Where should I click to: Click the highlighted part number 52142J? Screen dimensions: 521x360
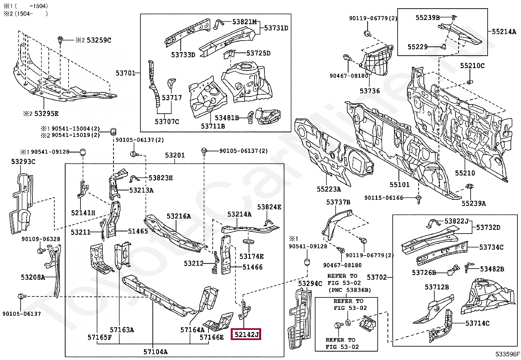point(246,334)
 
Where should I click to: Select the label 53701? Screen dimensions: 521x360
point(126,73)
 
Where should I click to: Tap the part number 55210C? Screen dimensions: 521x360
point(472,66)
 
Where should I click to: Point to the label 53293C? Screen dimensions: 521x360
point(23,161)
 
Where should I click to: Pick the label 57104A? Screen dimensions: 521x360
point(155,351)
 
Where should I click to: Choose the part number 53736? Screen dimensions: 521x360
point(369,91)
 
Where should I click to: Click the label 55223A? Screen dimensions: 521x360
point(329,189)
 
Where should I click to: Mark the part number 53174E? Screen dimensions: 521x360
point(251,256)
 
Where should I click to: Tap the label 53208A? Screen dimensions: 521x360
point(33,277)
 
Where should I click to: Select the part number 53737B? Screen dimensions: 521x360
point(338,202)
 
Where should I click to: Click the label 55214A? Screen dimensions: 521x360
point(504,31)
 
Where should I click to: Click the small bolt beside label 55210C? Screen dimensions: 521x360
point(470,82)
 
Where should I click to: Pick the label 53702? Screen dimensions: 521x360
point(377,277)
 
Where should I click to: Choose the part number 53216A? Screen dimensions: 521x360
point(179,216)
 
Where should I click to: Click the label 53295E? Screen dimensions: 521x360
point(46,114)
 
